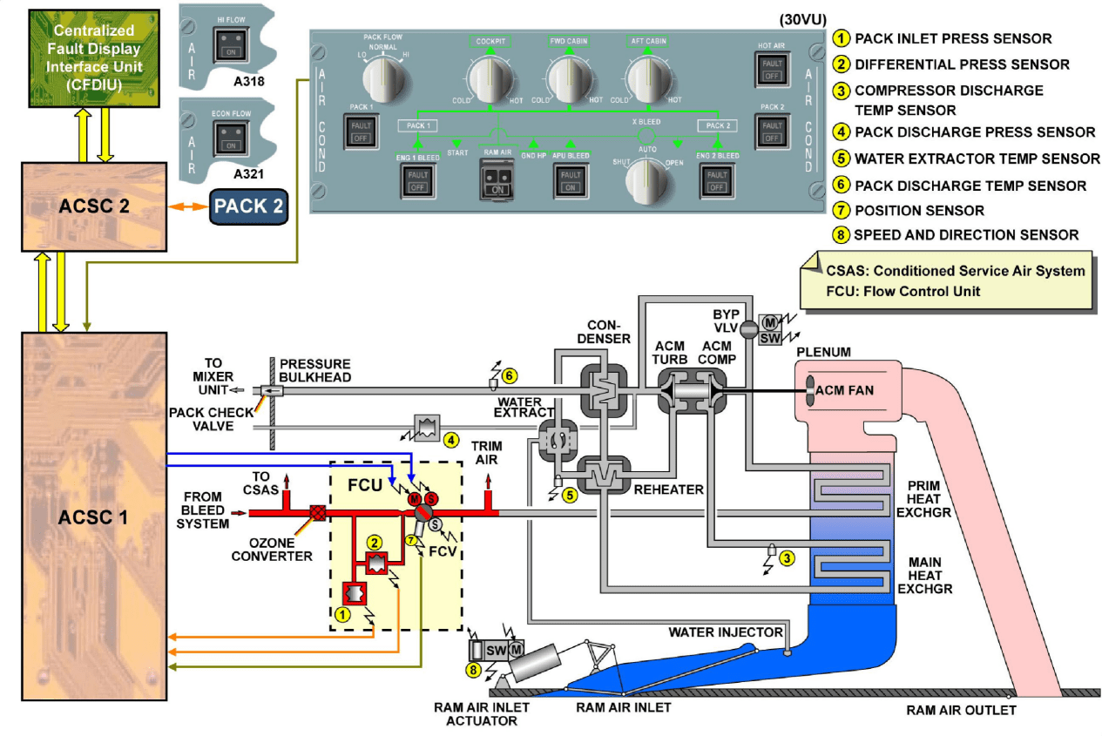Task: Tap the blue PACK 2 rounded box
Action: pos(248,207)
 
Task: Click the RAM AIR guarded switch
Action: pos(497,179)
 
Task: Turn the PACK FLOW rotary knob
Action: pos(385,79)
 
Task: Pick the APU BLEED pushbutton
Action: pos(571,179)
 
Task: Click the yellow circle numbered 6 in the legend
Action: pos(841,186)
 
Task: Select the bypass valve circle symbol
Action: pos(747,329)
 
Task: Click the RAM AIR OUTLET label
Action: pos(961,710)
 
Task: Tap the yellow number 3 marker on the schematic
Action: pos(787,558)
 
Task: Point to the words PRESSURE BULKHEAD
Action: pos(314,370)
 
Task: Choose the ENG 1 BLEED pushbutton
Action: pos(416,179)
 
